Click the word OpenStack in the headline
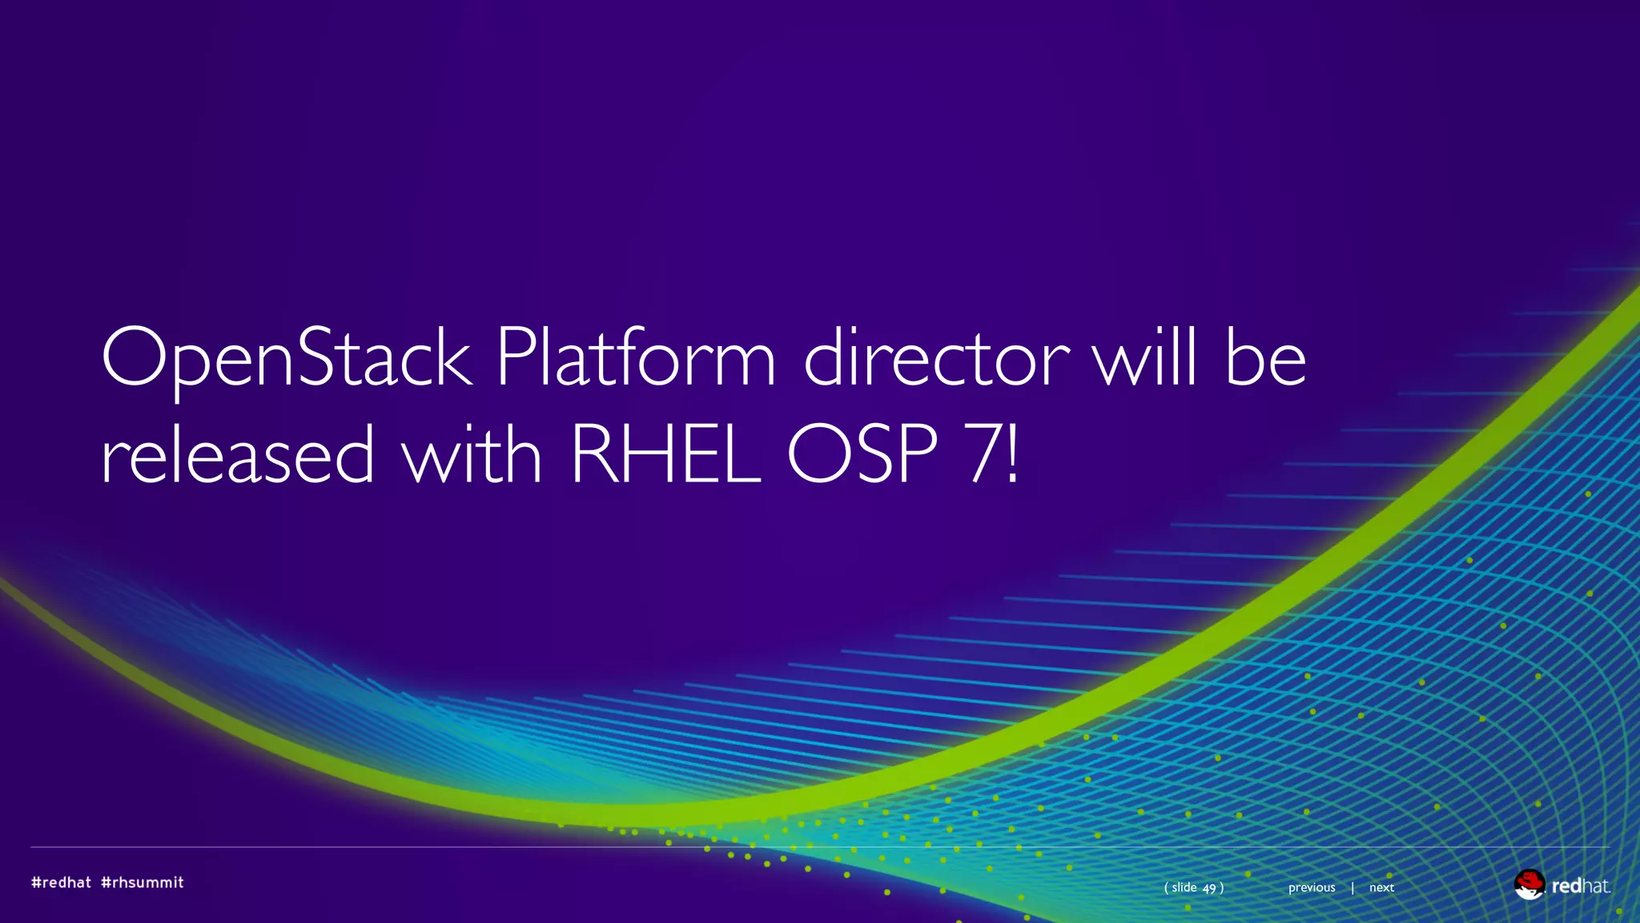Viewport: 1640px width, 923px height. click(x=287, y=357)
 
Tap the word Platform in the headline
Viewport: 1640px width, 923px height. click(x=636, y=357)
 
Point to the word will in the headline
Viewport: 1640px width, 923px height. click(x=1147, y=357)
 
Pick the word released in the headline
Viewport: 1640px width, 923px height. click(x=238, y=454)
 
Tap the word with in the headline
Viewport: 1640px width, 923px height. click(x=472, y=454)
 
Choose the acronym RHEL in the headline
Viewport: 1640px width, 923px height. click(x=665, y=454)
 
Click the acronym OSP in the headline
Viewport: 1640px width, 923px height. click(x=862, y=454)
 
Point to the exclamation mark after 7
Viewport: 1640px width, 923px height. click(x=1013, y=454)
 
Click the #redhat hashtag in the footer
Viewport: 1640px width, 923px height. click(x=61, y=882)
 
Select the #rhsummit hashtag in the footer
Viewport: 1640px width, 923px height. click(x=143, y=882)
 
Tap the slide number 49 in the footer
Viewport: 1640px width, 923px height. click(x=1209, y=888)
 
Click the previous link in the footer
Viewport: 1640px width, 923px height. click(x=1312, y=888)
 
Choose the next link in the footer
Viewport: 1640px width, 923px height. click(x=1381, y=888)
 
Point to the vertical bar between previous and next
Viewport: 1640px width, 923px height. click(x=1353, y=888)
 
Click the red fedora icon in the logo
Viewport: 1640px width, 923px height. click(x=1529, y=885)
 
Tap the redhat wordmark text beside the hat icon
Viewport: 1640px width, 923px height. click(x=1580, y=886)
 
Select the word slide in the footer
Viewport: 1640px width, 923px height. click(x=1184, y=888)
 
